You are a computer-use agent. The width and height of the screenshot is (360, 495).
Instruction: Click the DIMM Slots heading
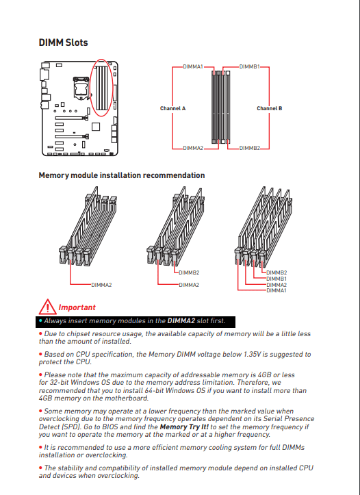pos(63,42)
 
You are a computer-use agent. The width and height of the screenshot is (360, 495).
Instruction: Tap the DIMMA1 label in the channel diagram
pos(193,66)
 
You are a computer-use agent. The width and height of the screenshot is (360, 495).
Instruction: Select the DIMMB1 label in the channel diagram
pos(249,66)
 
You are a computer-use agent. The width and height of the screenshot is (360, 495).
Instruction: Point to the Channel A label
pos(173,108)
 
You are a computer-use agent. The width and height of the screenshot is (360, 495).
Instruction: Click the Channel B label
pos(270,108)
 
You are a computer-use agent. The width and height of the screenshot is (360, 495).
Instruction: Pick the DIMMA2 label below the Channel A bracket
pos(193,148)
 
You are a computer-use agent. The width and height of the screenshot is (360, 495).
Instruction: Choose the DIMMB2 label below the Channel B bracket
pos(250,148)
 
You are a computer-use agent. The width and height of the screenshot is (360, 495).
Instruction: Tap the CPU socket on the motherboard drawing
pos(81,88)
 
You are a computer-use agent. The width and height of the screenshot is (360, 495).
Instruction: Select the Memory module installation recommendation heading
pos(122,175)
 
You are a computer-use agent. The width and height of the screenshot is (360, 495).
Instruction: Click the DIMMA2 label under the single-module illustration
pos(101,285)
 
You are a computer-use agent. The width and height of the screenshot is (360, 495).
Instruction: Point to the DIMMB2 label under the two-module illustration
pos(189,272)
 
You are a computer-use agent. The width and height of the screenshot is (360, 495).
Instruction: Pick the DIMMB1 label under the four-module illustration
pos(277,279)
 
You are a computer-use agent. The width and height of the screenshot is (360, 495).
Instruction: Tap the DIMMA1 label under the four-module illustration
pos(277,290)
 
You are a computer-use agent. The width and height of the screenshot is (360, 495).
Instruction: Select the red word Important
pos(77,307)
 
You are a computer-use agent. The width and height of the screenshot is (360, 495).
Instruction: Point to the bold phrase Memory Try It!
pos(184,427)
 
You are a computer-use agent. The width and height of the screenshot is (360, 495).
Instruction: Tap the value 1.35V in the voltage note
pos(252,354)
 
